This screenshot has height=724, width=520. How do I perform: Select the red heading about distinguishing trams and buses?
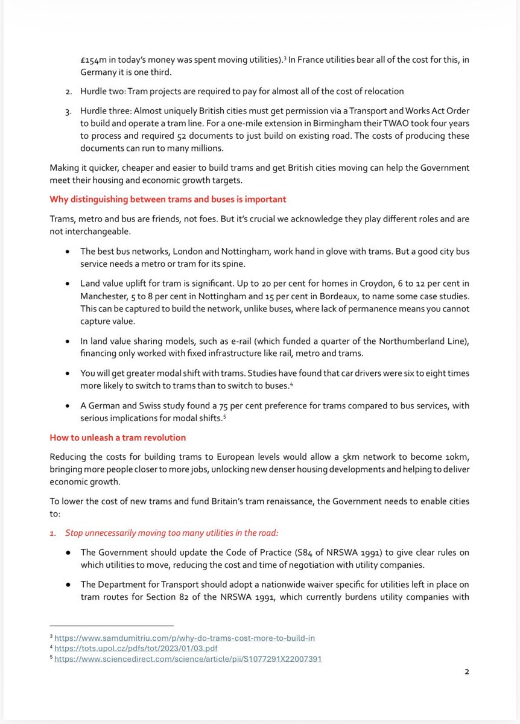pyautogui.click(x=168, y=199)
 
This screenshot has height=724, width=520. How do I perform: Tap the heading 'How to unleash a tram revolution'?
pyautogui.click(x=118, y=437)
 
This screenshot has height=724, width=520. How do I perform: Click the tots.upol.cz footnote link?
pyautogui.click(x=136, y=649)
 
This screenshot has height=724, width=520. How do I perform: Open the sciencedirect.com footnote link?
pyautogui.click(x=188, y=659)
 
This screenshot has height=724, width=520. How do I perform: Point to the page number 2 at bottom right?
pyautogui.click(x=466, y=672)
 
